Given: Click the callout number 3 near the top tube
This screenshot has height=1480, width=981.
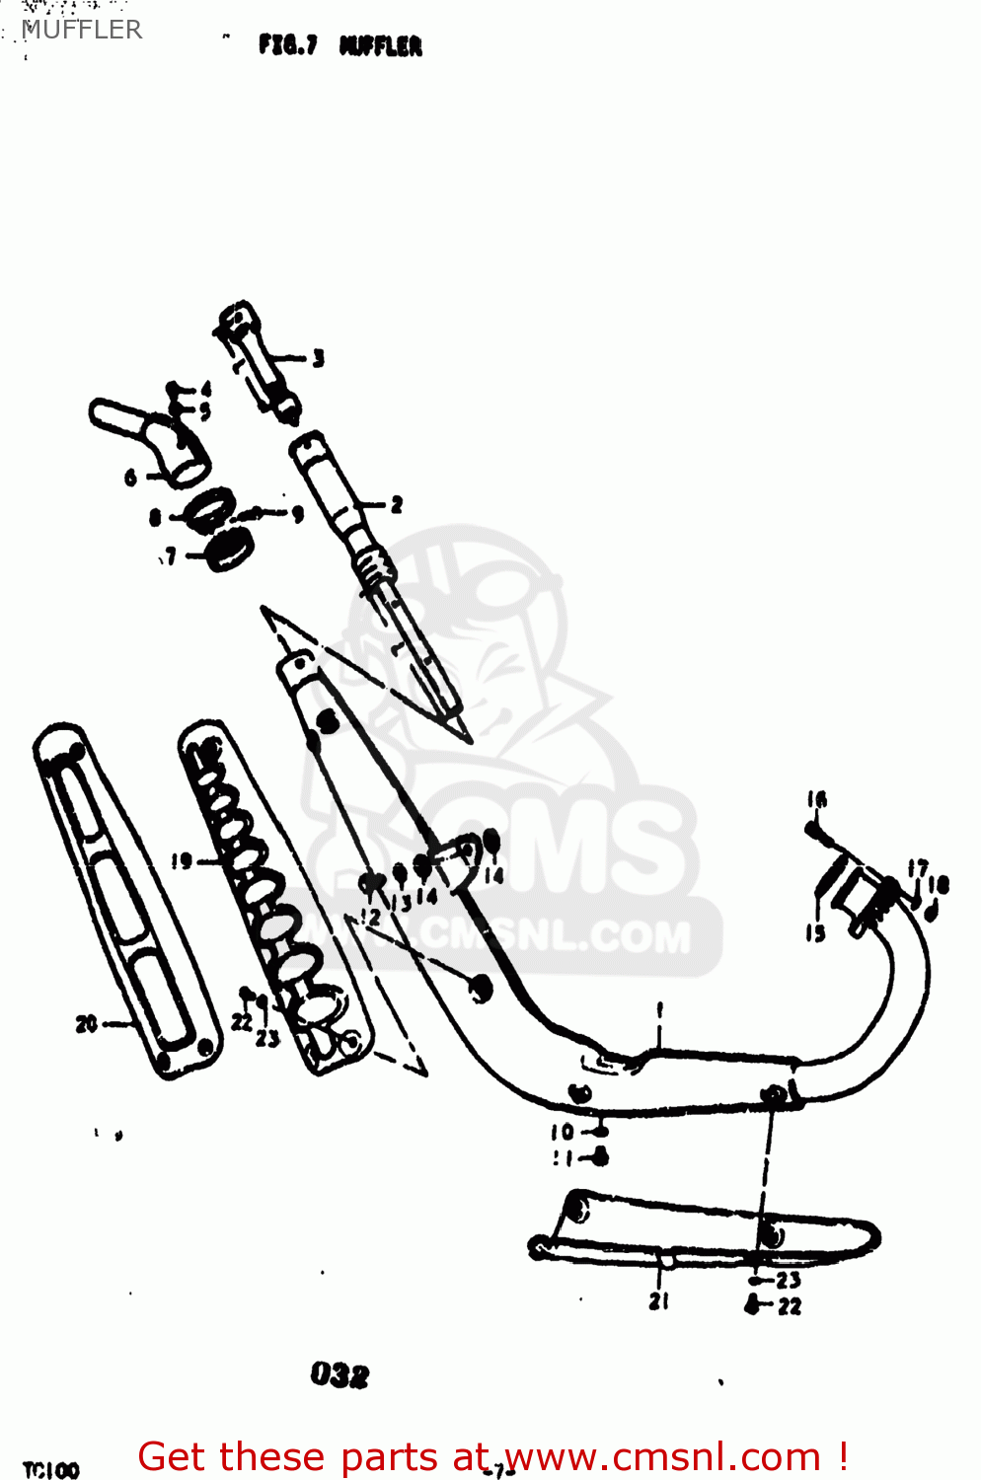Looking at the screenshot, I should [318, 358].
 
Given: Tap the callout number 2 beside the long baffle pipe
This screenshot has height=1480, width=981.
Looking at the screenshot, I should [396, 505].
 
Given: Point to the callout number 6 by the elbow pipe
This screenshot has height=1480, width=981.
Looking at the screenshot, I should [131, 479].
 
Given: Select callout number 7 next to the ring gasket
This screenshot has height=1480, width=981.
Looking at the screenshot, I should [171, 557].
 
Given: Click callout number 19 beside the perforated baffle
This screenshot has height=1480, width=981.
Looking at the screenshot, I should [181, 861].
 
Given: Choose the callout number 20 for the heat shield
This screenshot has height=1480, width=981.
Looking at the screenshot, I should [86, 1024].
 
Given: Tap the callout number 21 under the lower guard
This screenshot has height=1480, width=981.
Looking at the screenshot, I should [658, 1301].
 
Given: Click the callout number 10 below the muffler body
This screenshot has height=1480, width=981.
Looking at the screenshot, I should [562, 1132].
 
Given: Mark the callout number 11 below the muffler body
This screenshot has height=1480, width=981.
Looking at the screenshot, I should [562, 1158].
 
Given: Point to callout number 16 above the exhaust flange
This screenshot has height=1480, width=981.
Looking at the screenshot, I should [816, 800].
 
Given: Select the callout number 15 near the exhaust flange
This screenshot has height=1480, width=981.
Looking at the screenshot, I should [815, 932].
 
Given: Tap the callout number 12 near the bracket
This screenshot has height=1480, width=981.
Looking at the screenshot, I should [370, 917].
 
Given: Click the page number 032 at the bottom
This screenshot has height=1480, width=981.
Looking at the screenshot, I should [340, 1374].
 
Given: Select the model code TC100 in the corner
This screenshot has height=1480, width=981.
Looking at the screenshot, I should [50, 1470].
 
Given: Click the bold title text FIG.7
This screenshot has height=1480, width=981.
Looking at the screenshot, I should [287, 45].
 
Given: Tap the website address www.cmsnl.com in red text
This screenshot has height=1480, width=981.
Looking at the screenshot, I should [662, 1456].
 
